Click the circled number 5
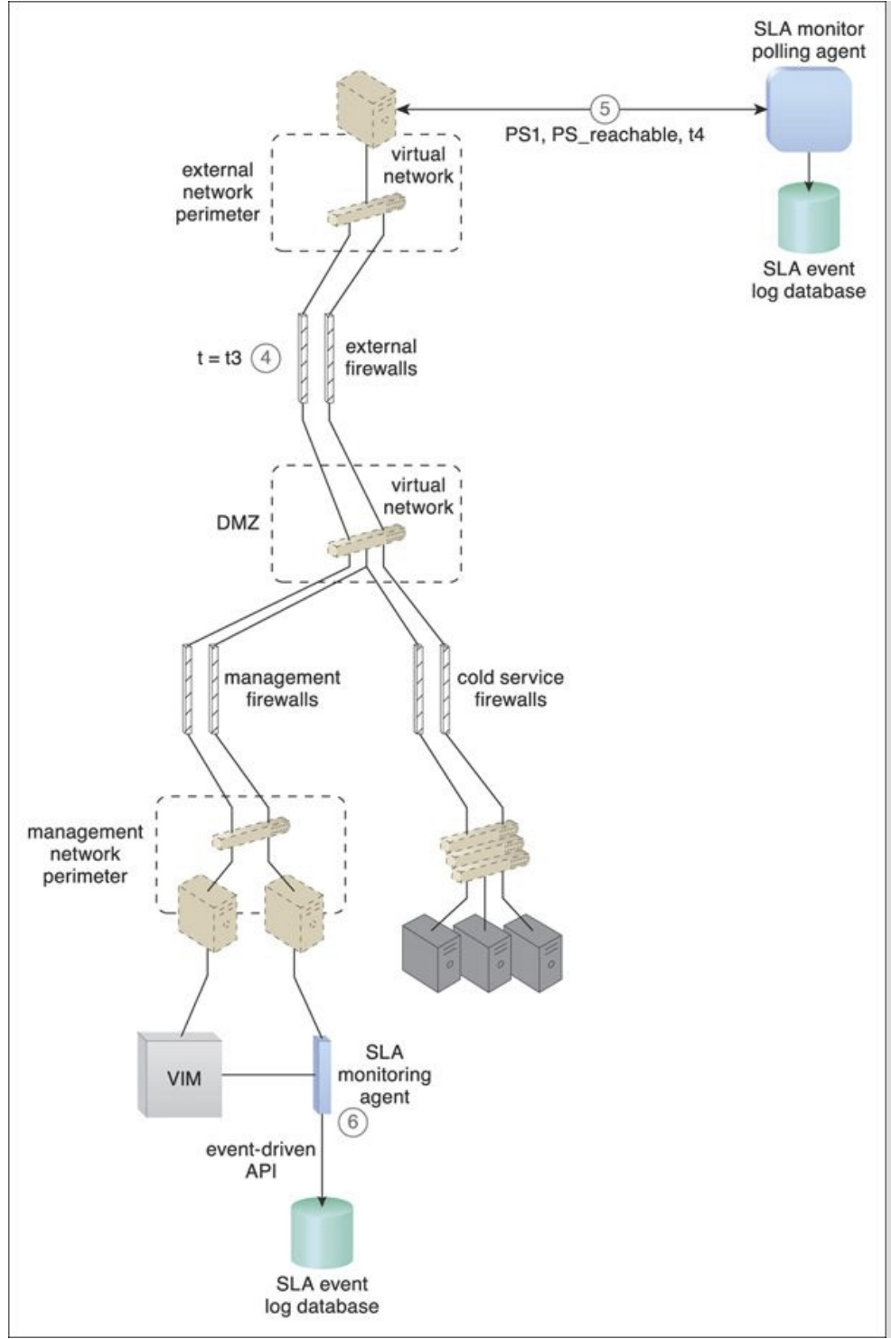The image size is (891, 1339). (604, 108)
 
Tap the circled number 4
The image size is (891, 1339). (266, 358)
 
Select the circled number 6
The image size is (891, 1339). (352, 1122)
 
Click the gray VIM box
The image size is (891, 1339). (180, 1074)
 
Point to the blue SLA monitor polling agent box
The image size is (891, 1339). (809, 108)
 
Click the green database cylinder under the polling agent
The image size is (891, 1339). (809, 218)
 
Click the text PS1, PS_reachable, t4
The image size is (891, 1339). (605, 136)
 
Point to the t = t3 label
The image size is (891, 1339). (220, 358)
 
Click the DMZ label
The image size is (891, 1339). (238, 522)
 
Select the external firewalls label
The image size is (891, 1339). (381, 358)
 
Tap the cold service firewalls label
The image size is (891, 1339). (510, 688)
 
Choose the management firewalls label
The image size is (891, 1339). (282, 688)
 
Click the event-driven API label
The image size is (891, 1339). (261, 1161)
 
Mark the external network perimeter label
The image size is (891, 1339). (218, 192)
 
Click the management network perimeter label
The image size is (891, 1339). (85, 854)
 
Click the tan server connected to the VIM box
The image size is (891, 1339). (207, 913)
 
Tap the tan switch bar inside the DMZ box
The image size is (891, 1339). (366, 540)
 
